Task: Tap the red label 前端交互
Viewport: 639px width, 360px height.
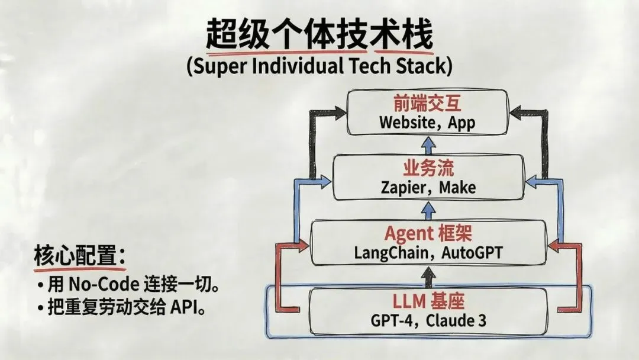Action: (427, 104)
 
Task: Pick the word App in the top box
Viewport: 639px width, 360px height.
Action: (461, 123)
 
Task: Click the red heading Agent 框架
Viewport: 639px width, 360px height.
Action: (427, 233)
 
